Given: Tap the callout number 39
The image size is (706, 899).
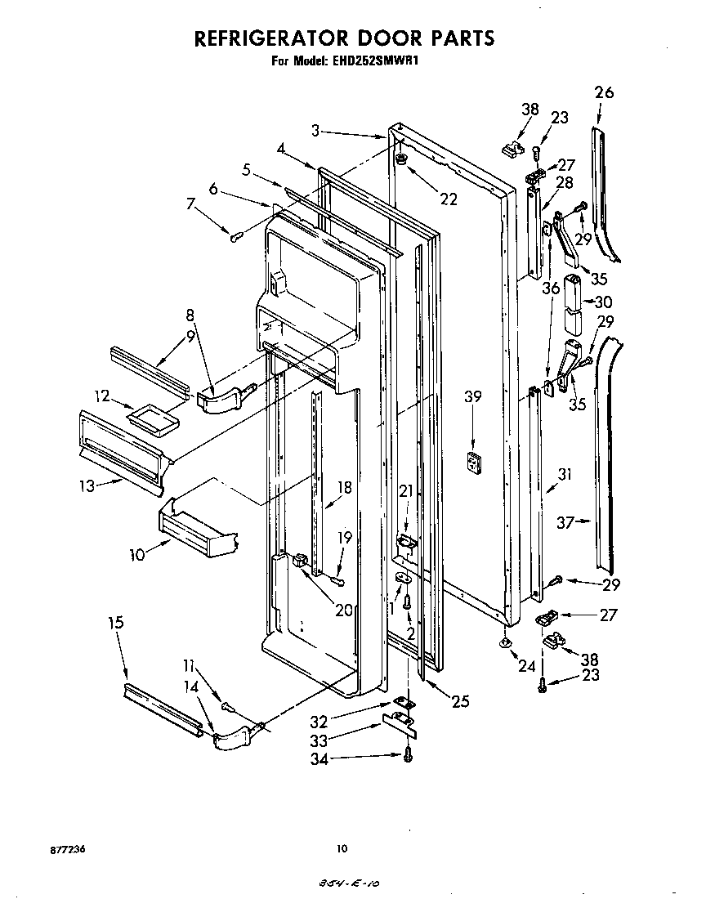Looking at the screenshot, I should [x=472, y=397].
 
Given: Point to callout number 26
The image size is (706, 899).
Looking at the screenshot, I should [x=604, y=92].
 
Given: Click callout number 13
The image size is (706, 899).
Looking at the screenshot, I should [x=88, y=485].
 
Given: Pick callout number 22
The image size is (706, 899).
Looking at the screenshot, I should [x=447, y=199].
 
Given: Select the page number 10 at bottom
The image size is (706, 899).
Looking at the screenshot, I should [x=342, y=849].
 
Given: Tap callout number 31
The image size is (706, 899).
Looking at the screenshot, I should [x=565, y=474].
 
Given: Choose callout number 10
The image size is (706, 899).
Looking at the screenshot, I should [x=136, y=555].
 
